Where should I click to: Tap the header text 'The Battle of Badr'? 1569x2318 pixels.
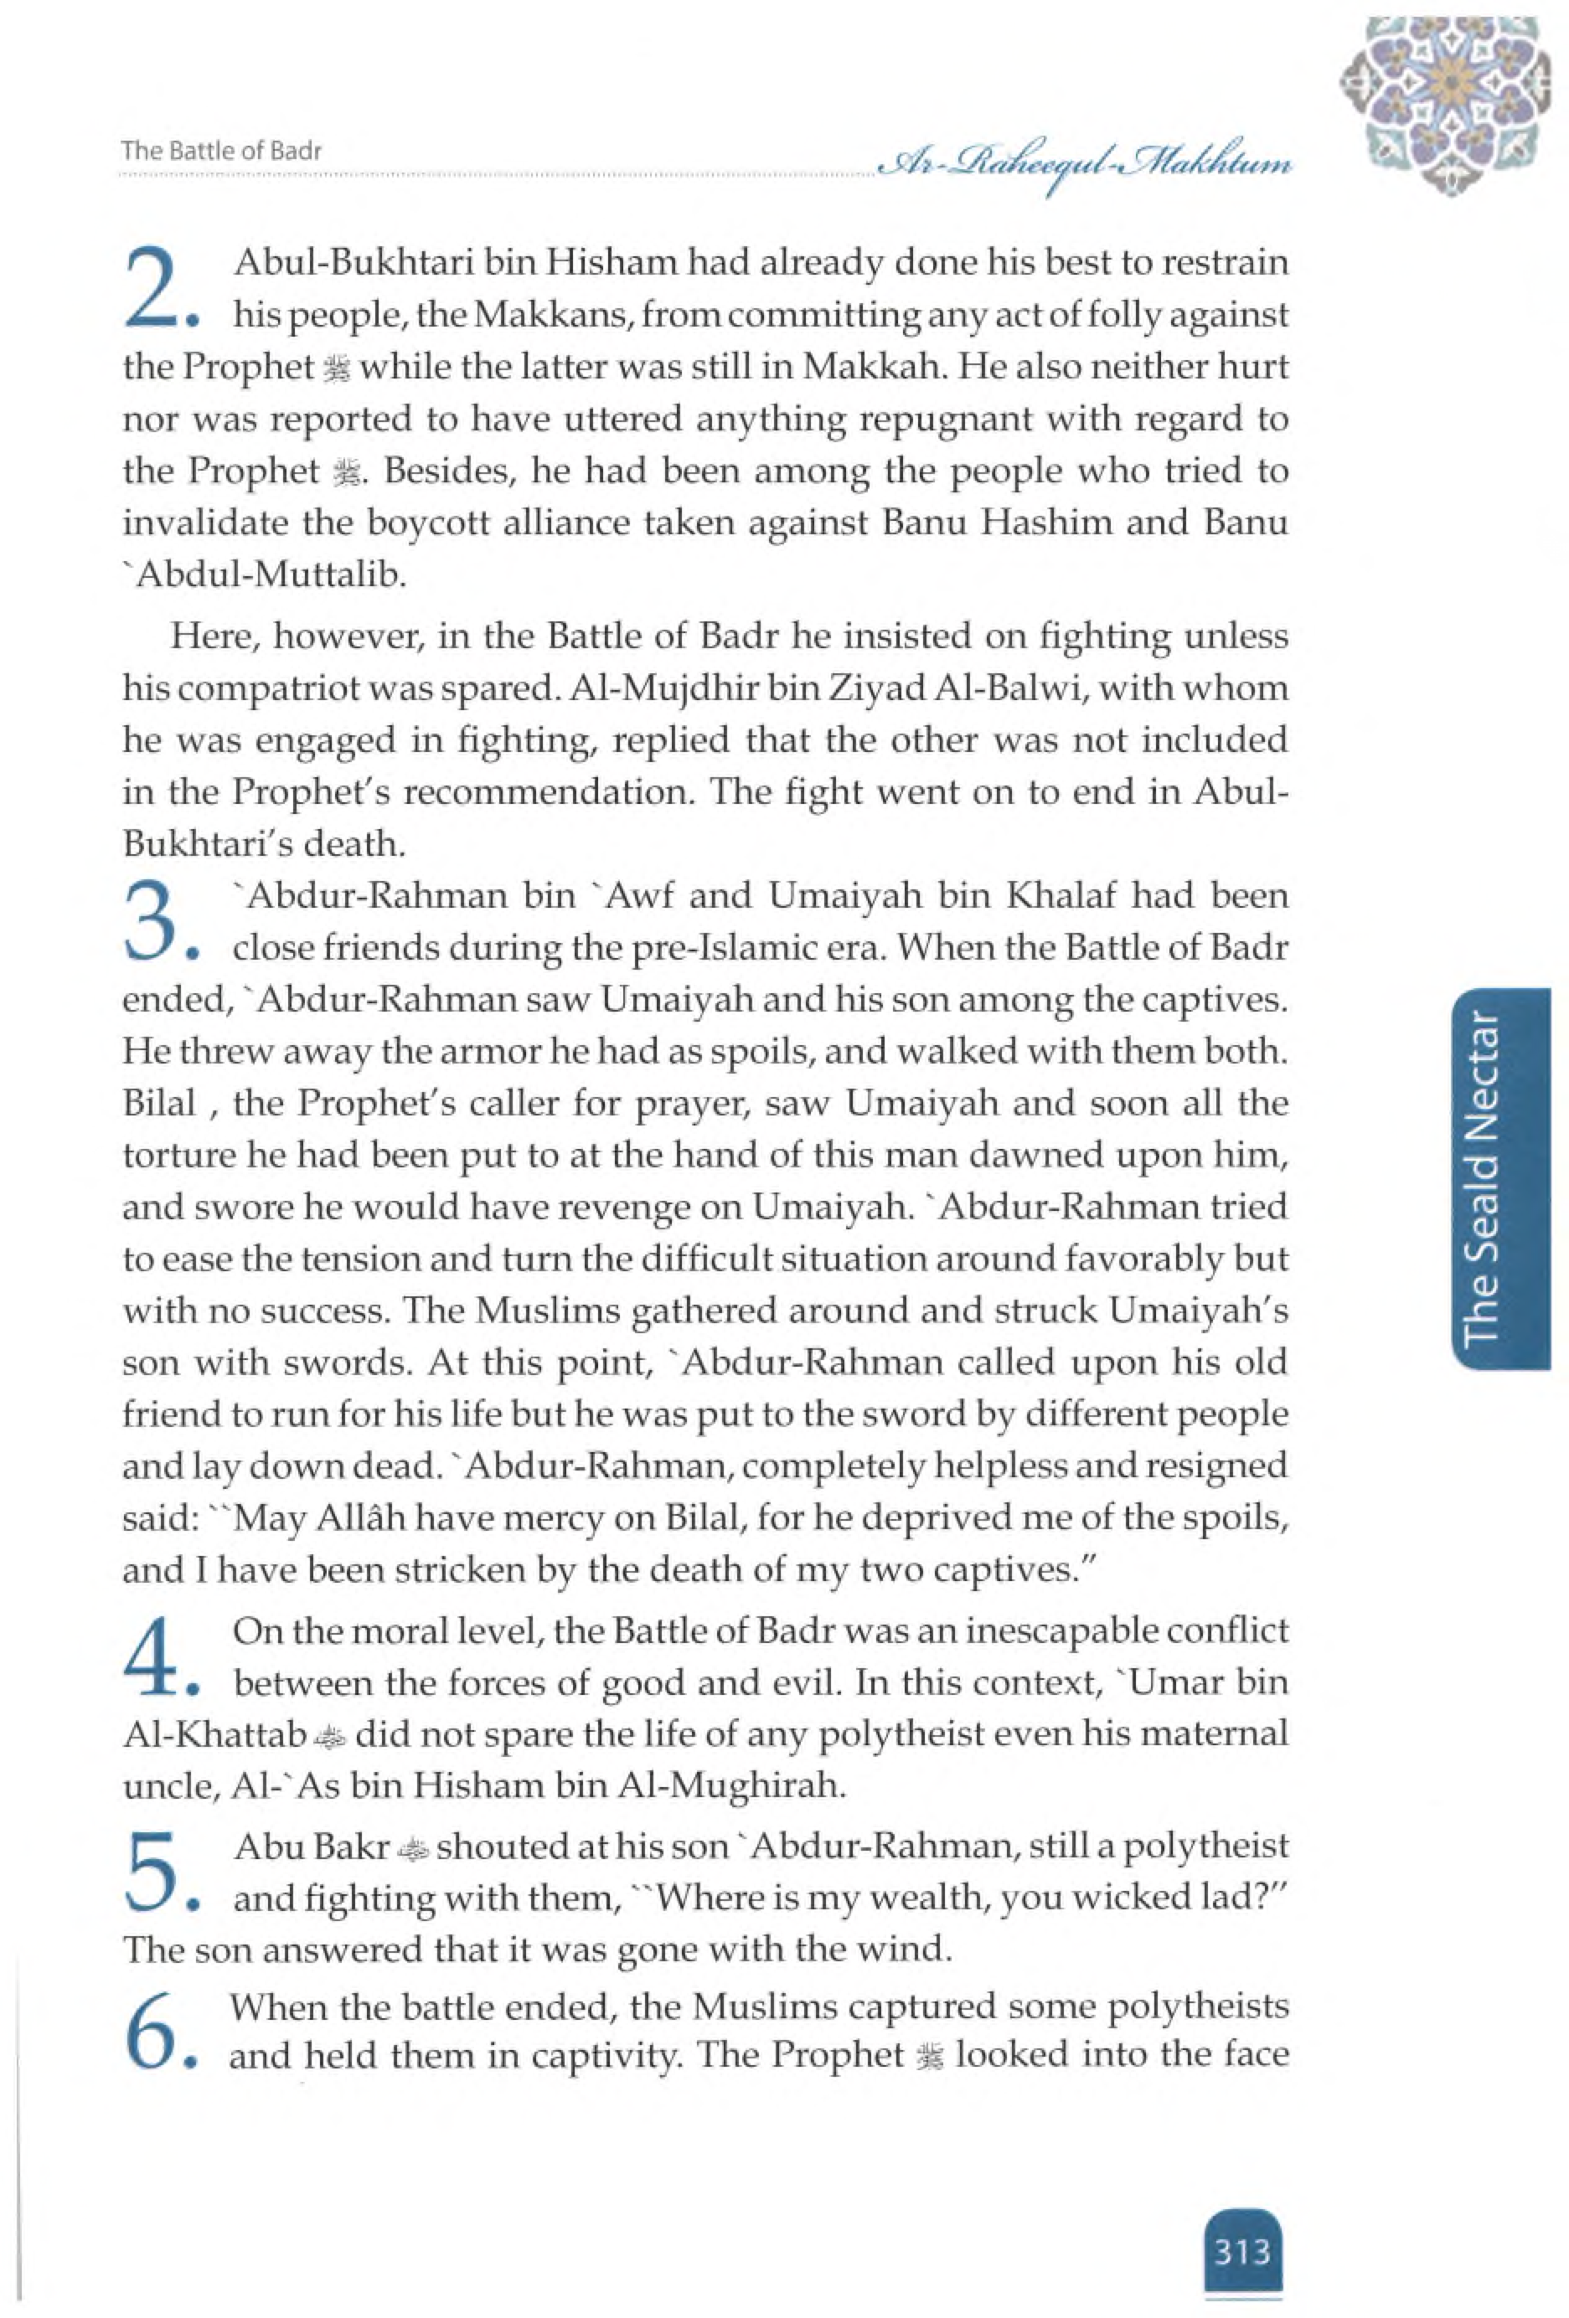point(221,152)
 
